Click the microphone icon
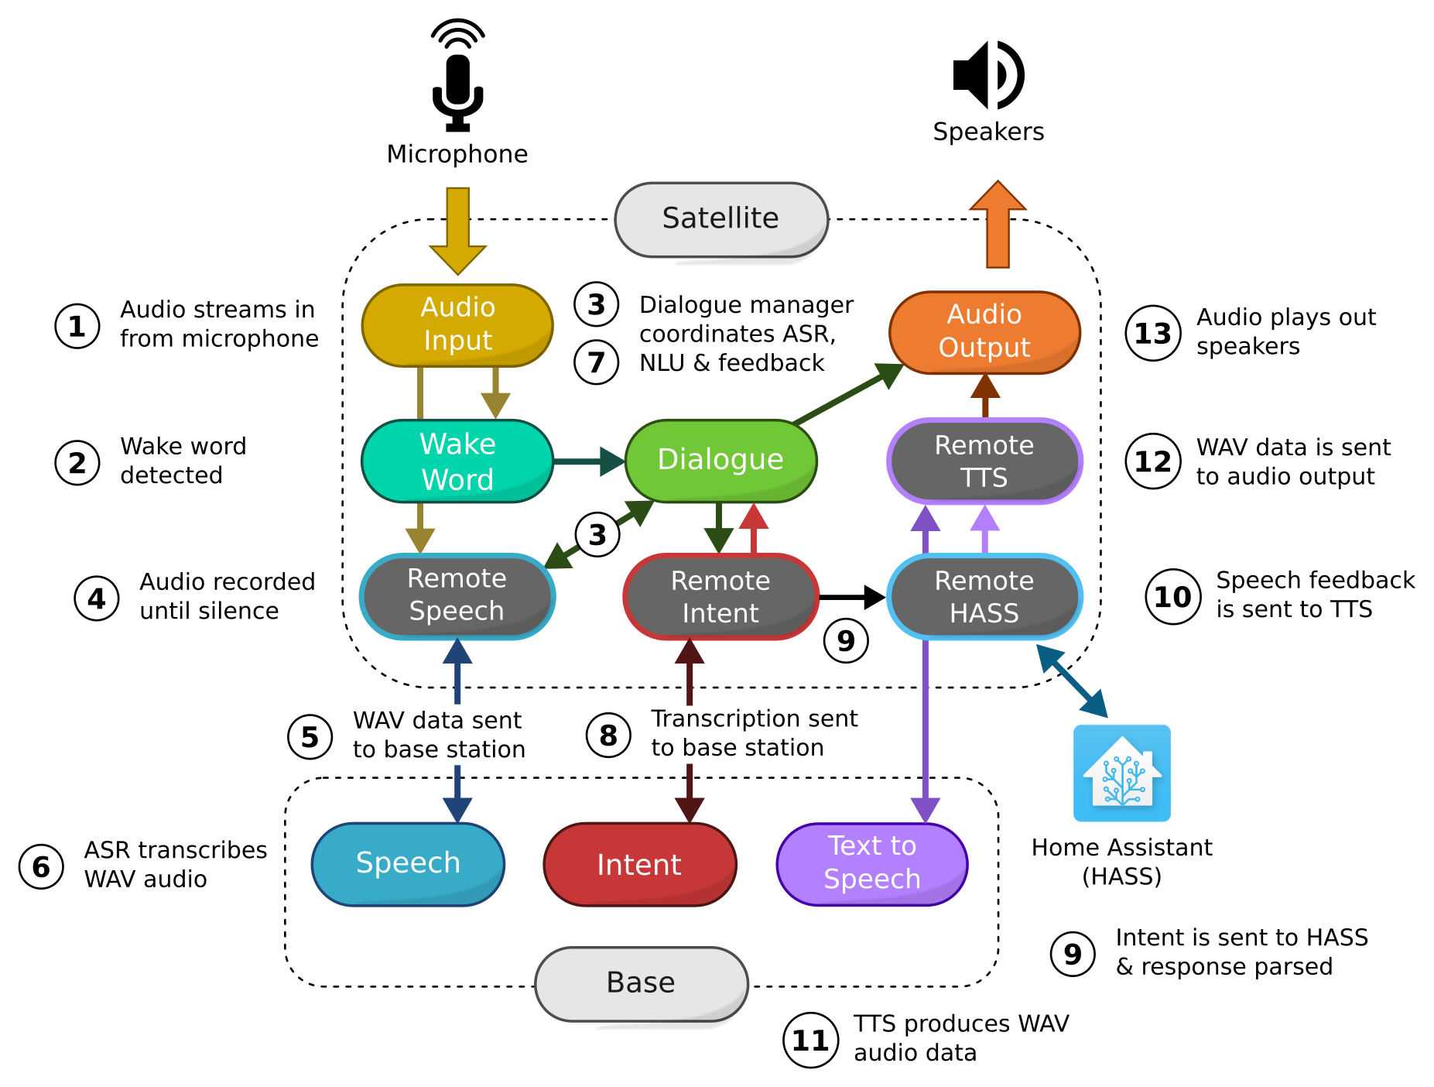point(457,77)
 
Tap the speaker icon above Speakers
point(987,75)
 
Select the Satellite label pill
point(720,219)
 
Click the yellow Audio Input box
point(457,324)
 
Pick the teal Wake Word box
point(457,461)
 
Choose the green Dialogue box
point(720,460)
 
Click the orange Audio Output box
point(984,332)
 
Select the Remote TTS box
point(984,461)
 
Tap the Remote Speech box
point(457,596)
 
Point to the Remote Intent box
point(720,597)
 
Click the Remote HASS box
point(984,597)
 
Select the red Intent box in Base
point(639,864)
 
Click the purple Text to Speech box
point(872,863)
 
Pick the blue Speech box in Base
point(408,863)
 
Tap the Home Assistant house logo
point(1121,773)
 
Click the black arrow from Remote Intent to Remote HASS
point(851,597)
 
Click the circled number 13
point(1152,334)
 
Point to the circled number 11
point(810,1040)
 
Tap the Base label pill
point(641,983)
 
